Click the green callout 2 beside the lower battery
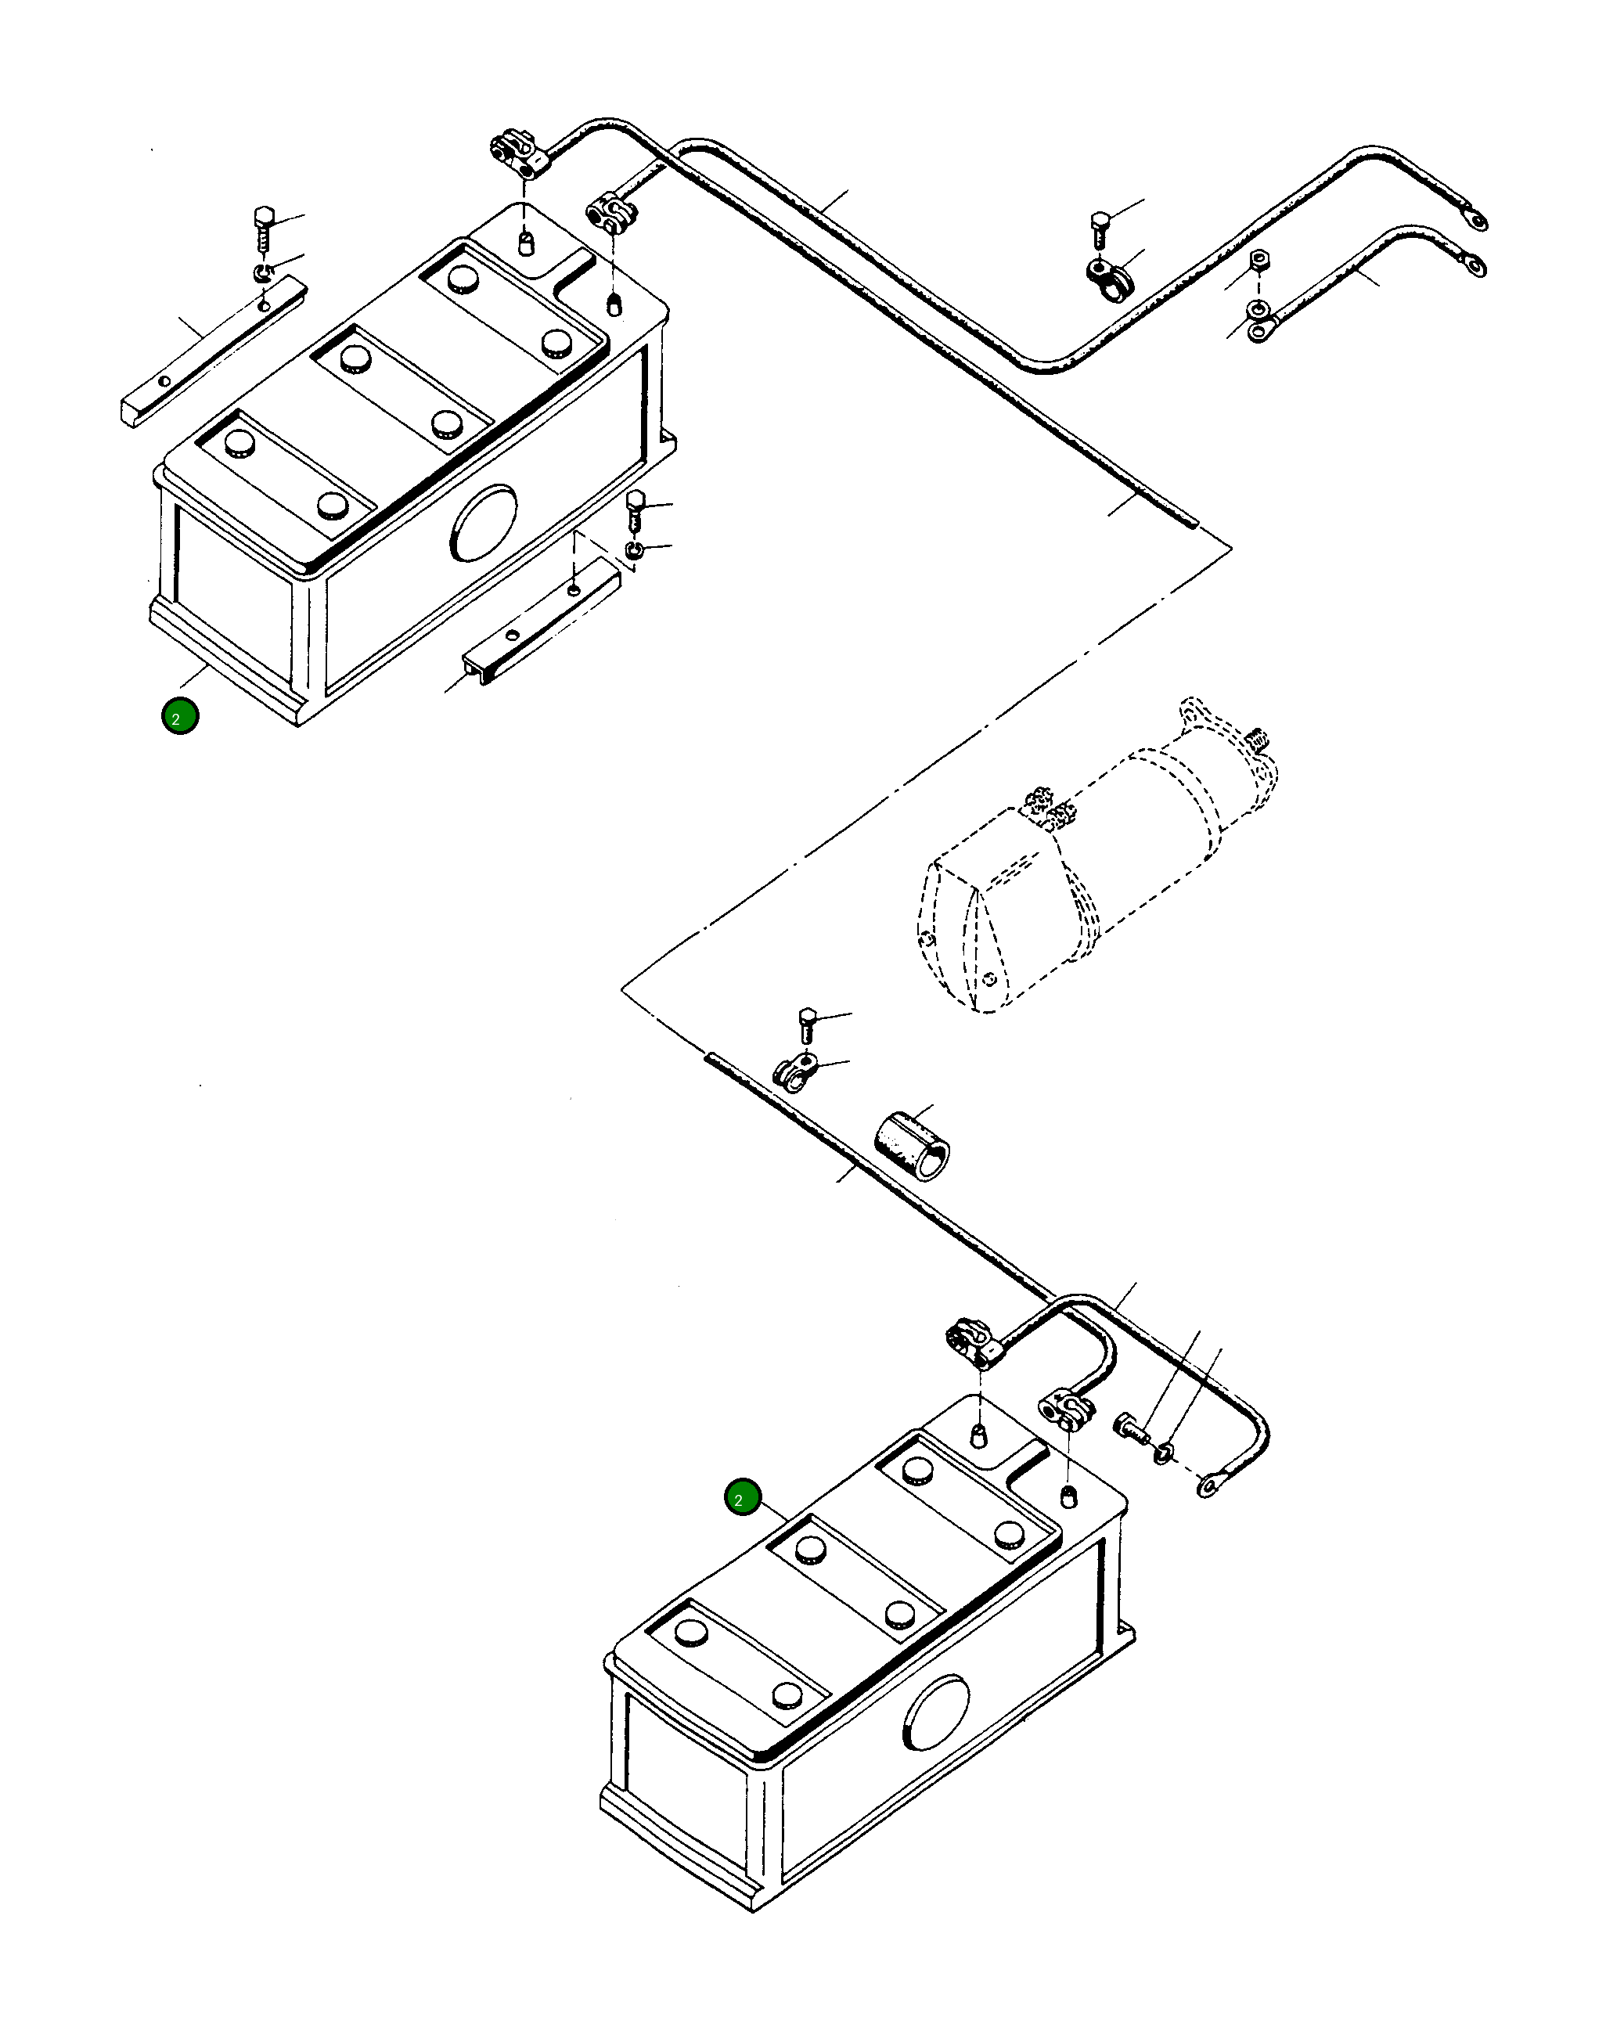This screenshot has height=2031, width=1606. click(743, 1498)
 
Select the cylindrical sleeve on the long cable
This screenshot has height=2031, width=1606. click(912, 1144)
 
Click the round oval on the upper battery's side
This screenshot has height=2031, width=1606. click(484, 523)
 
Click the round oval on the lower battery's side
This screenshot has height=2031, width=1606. click(935, 1713)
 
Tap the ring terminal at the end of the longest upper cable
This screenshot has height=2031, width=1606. click(1475, 220)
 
